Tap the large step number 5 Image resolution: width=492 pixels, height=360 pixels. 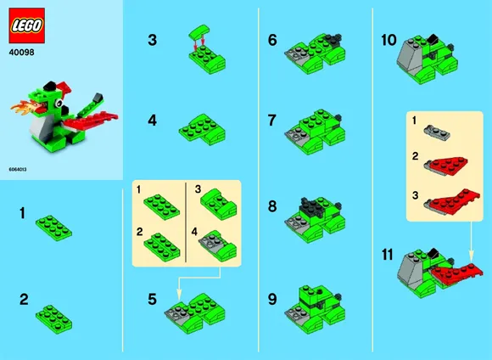pyautogui.click(x=153, y=300)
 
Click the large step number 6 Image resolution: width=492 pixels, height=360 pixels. pyautogui.click(x=272, y=40)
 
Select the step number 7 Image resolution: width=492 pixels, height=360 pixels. pyautogui.click(x=272, y=121)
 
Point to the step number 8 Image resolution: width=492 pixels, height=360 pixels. pyautogui.click(x=272, y=206)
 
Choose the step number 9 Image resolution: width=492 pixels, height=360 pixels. pyautogui.click(x=272, y=299)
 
